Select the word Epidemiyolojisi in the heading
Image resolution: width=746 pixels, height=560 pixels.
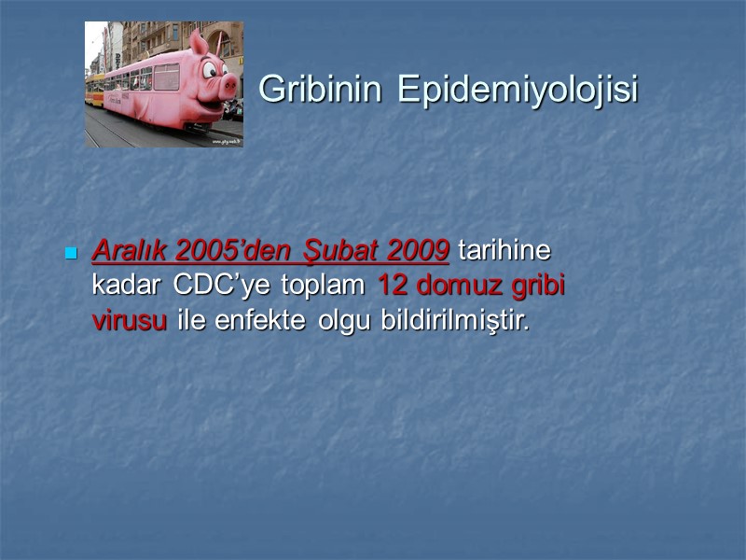pyautogui.click(x=518, y=90)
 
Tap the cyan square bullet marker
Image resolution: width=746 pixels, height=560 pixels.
pyautogui.click(x=70, y=254)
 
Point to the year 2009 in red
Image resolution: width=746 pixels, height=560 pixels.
pyautogui.click(x=417, y=251)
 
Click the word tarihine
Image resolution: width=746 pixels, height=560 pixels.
pyautogui.click(x=504, y=251)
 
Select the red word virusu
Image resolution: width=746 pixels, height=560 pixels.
pyautogui.click(x=129, y=320)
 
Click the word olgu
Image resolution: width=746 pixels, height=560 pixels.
pyautogui.click(x=345, y=320)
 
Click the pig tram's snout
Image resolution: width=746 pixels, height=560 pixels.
pyautogui.click(x=227, y=86)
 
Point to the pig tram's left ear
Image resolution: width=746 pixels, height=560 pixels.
pyautogui.click(x=198, y=42)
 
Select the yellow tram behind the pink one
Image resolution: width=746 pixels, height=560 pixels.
pyautogui.click(x=94, y=91)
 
